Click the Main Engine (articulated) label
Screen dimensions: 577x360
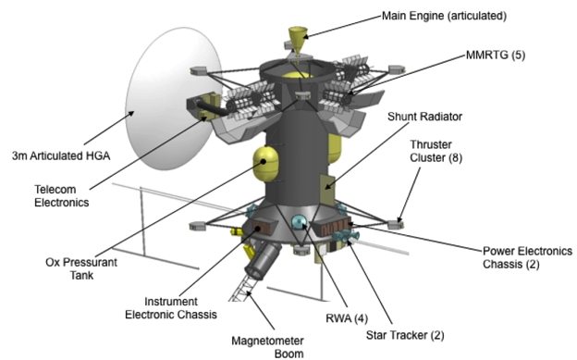(444, 16)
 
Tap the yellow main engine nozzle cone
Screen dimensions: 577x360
(298, 37)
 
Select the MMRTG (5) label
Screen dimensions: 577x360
(496, 55)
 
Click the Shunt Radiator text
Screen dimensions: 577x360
(424, 117)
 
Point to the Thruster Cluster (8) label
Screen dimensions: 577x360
(436, 151)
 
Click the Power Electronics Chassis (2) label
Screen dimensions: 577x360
(527, 257)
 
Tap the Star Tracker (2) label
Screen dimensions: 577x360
(405, 335)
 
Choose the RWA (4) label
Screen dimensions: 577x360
(347, 318)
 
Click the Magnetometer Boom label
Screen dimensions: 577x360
(267, 347)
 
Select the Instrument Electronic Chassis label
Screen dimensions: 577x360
(171, 308)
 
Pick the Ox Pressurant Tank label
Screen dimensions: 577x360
(81, 268)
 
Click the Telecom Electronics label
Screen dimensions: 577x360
(62, 195)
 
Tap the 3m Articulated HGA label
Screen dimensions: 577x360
(61, 155)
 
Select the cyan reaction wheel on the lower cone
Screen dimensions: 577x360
(299, 222)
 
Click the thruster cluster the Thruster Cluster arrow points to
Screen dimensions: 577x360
(396, 224)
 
